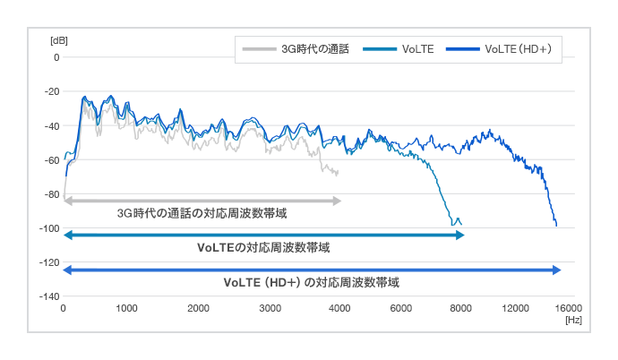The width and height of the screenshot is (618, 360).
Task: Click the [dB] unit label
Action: pos(59,41)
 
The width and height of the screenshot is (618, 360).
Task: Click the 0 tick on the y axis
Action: pos(56,57)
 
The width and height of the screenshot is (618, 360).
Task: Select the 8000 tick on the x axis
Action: pos(462,308)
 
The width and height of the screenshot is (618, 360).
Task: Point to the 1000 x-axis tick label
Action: pos(126,308)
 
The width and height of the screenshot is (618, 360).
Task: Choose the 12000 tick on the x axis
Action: pos(516,308)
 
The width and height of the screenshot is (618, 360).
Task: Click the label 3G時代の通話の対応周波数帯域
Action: pos(202,214)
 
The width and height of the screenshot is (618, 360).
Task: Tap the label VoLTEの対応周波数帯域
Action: pos(270,248)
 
